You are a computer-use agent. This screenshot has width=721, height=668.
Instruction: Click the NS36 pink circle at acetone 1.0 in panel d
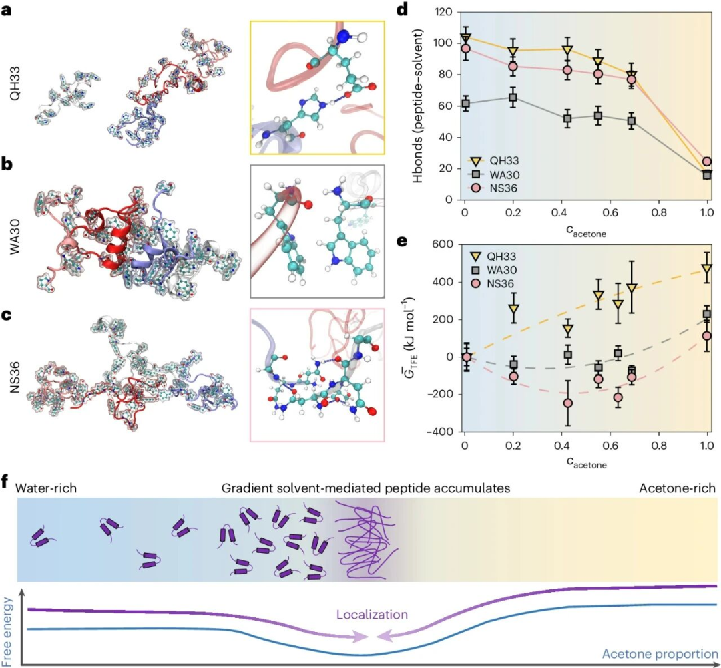707,162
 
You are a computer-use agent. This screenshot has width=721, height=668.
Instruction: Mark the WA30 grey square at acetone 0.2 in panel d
513,98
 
